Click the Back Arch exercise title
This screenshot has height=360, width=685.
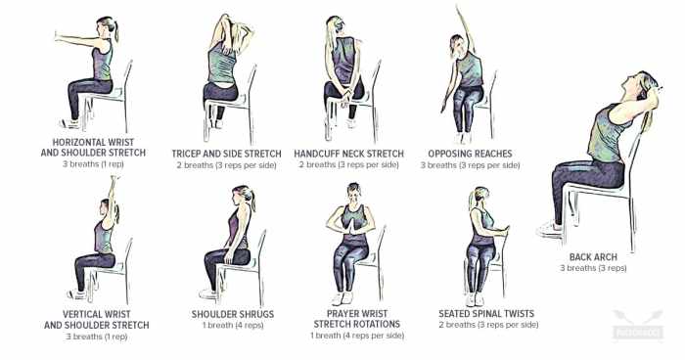pyautogui.click(x=593, y=257)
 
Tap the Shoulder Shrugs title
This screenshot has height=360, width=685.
pyautogui.click(x=233, y=314)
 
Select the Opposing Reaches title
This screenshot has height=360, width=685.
pyautogui.click(x=470, y=154)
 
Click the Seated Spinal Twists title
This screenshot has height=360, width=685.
pyautogui.click(x=486, y=313)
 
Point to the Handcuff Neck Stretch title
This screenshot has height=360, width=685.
pyautogui.click(x=348, y=154)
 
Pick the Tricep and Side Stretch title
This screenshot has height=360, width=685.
pyautogui.click(x=226, y=154)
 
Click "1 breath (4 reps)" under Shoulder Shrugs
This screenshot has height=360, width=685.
pyautogui.click(x=233, y=326)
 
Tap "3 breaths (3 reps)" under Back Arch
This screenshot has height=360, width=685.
pyautogui.click(x=593, y=268)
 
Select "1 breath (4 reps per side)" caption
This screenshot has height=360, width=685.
pyautogui.click(x=357, y=336)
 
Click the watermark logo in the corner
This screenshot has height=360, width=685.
pyautogui.click(x=638, y=325)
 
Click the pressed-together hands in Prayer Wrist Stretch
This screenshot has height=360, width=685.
pyautogui.click(x=352, y=226)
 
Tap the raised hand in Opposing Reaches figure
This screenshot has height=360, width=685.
pyautogui.click(x=458, y=10)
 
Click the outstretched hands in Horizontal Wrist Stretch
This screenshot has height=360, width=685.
pyautogui.click(x=57, y=36)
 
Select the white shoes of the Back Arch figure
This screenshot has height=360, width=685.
pyautogui.click(x=549, y=229)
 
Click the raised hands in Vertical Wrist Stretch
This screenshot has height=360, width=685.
pyautogui.click(x=114, y=180)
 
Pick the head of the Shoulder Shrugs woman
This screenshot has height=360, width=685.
pyautogui.click(x=243, y=195)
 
